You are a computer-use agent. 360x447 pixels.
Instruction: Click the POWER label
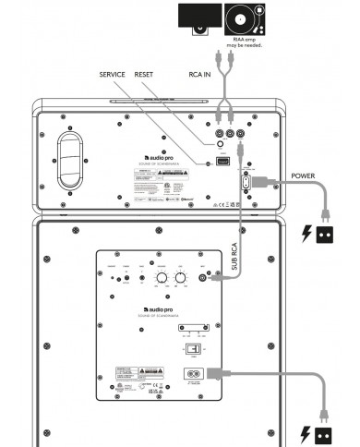(x=308, y=173)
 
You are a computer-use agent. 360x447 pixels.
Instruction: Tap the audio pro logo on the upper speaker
(x=160, y=159)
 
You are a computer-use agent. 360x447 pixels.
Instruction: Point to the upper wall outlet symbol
(x=323, y=234)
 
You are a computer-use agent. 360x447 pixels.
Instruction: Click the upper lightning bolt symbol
(x=306, y=234)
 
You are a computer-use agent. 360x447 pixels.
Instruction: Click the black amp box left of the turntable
(x=198, y=18)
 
